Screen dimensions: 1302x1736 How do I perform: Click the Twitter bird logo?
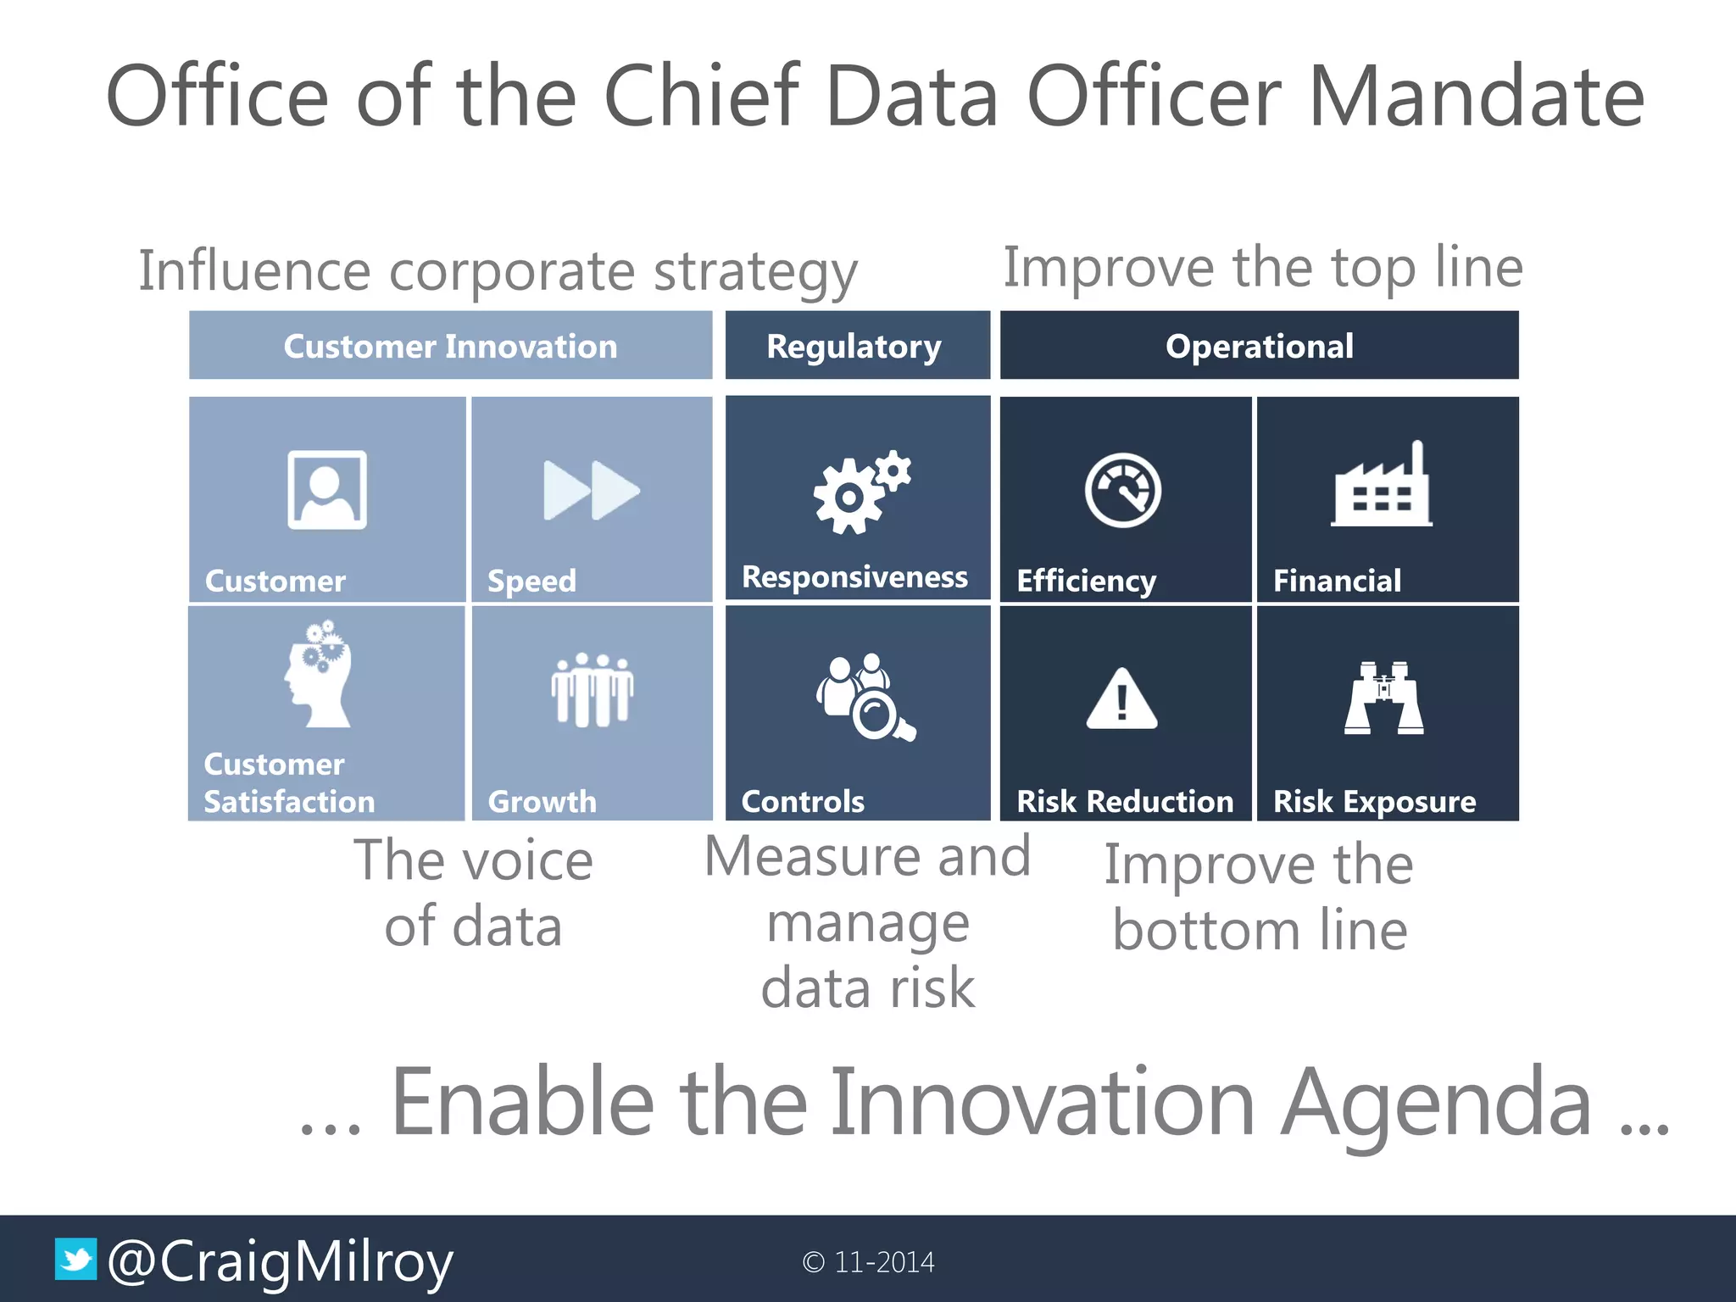pos(76,1260)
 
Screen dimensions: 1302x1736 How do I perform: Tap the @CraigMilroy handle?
pos(281,1262)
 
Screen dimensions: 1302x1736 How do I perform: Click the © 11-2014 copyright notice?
pos(868,1262)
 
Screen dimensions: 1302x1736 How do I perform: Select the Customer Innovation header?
pos(450,346)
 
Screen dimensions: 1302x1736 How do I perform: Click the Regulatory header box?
pos(857,346)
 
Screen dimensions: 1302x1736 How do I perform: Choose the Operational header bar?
pos(1259,346)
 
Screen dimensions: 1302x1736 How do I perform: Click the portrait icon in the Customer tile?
pos(327,490)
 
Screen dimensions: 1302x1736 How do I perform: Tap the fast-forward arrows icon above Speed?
pos(591,490)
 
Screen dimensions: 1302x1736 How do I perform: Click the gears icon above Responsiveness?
pos(860,492)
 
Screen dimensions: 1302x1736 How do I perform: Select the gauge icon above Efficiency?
pos(1123,491)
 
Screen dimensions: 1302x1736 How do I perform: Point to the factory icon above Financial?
pos(1382,487)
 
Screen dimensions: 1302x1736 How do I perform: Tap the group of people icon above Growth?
pos(592,689)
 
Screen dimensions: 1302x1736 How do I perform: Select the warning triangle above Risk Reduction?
pos(1121,699)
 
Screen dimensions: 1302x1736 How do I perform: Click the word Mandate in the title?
pos(1476,97)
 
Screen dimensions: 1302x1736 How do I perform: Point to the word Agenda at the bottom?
pos(1436,1102)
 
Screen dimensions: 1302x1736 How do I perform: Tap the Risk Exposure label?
pos(1374,801)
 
